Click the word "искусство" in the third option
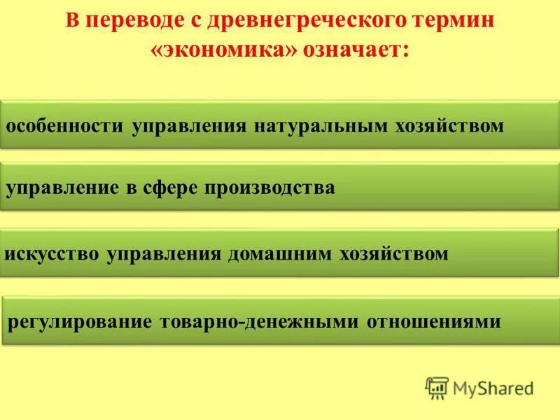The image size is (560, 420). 52,253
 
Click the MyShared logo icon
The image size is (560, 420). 437,387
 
